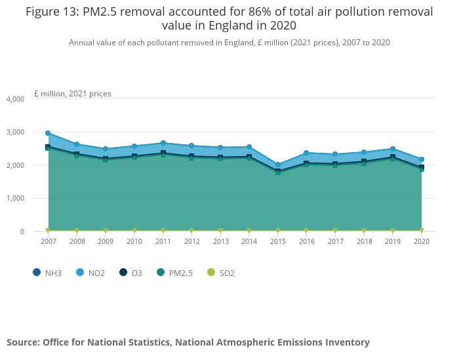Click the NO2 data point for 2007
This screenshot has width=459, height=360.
[48, 133]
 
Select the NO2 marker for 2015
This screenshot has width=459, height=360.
[278, 165]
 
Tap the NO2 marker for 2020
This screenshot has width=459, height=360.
[422, 159]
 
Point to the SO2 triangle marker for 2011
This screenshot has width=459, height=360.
[163, 231]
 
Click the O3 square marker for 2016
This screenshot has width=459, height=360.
[306, 163]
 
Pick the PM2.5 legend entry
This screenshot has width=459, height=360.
[178, 273]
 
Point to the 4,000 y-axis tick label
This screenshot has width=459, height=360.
[15, 99]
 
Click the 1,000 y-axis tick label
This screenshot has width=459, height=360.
[15, 198]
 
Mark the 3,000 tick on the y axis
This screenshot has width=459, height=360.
[15, 132]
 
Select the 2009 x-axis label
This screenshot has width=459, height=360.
[106, 242]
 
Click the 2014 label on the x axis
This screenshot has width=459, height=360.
[249, 242]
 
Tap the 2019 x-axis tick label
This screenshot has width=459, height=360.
[393, 242]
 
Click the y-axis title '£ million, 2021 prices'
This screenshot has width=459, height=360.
[72, 94]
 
